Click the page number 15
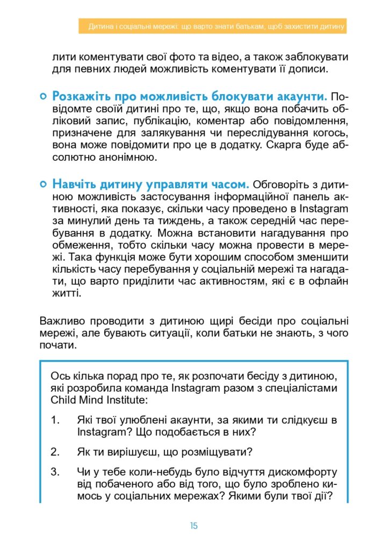tap(193, 526)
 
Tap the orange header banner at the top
tap(212, 26)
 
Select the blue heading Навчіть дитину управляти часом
tap(150, 185)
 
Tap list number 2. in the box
tap(55, 451)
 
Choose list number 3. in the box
tap(55, 472)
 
